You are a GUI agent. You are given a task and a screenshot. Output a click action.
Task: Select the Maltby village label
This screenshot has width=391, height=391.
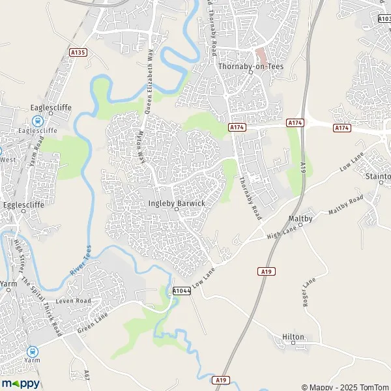point(300,218)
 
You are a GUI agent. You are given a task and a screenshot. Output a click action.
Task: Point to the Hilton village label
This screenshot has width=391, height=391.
point(293,337)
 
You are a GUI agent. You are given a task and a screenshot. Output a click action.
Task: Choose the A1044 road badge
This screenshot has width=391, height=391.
point(182,291)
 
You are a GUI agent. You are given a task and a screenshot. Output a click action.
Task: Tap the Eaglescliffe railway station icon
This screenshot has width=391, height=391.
point(37,121)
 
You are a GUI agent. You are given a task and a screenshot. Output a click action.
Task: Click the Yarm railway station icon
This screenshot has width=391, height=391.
point(32,351)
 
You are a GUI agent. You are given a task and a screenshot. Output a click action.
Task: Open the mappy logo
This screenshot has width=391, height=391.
point(20,383)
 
